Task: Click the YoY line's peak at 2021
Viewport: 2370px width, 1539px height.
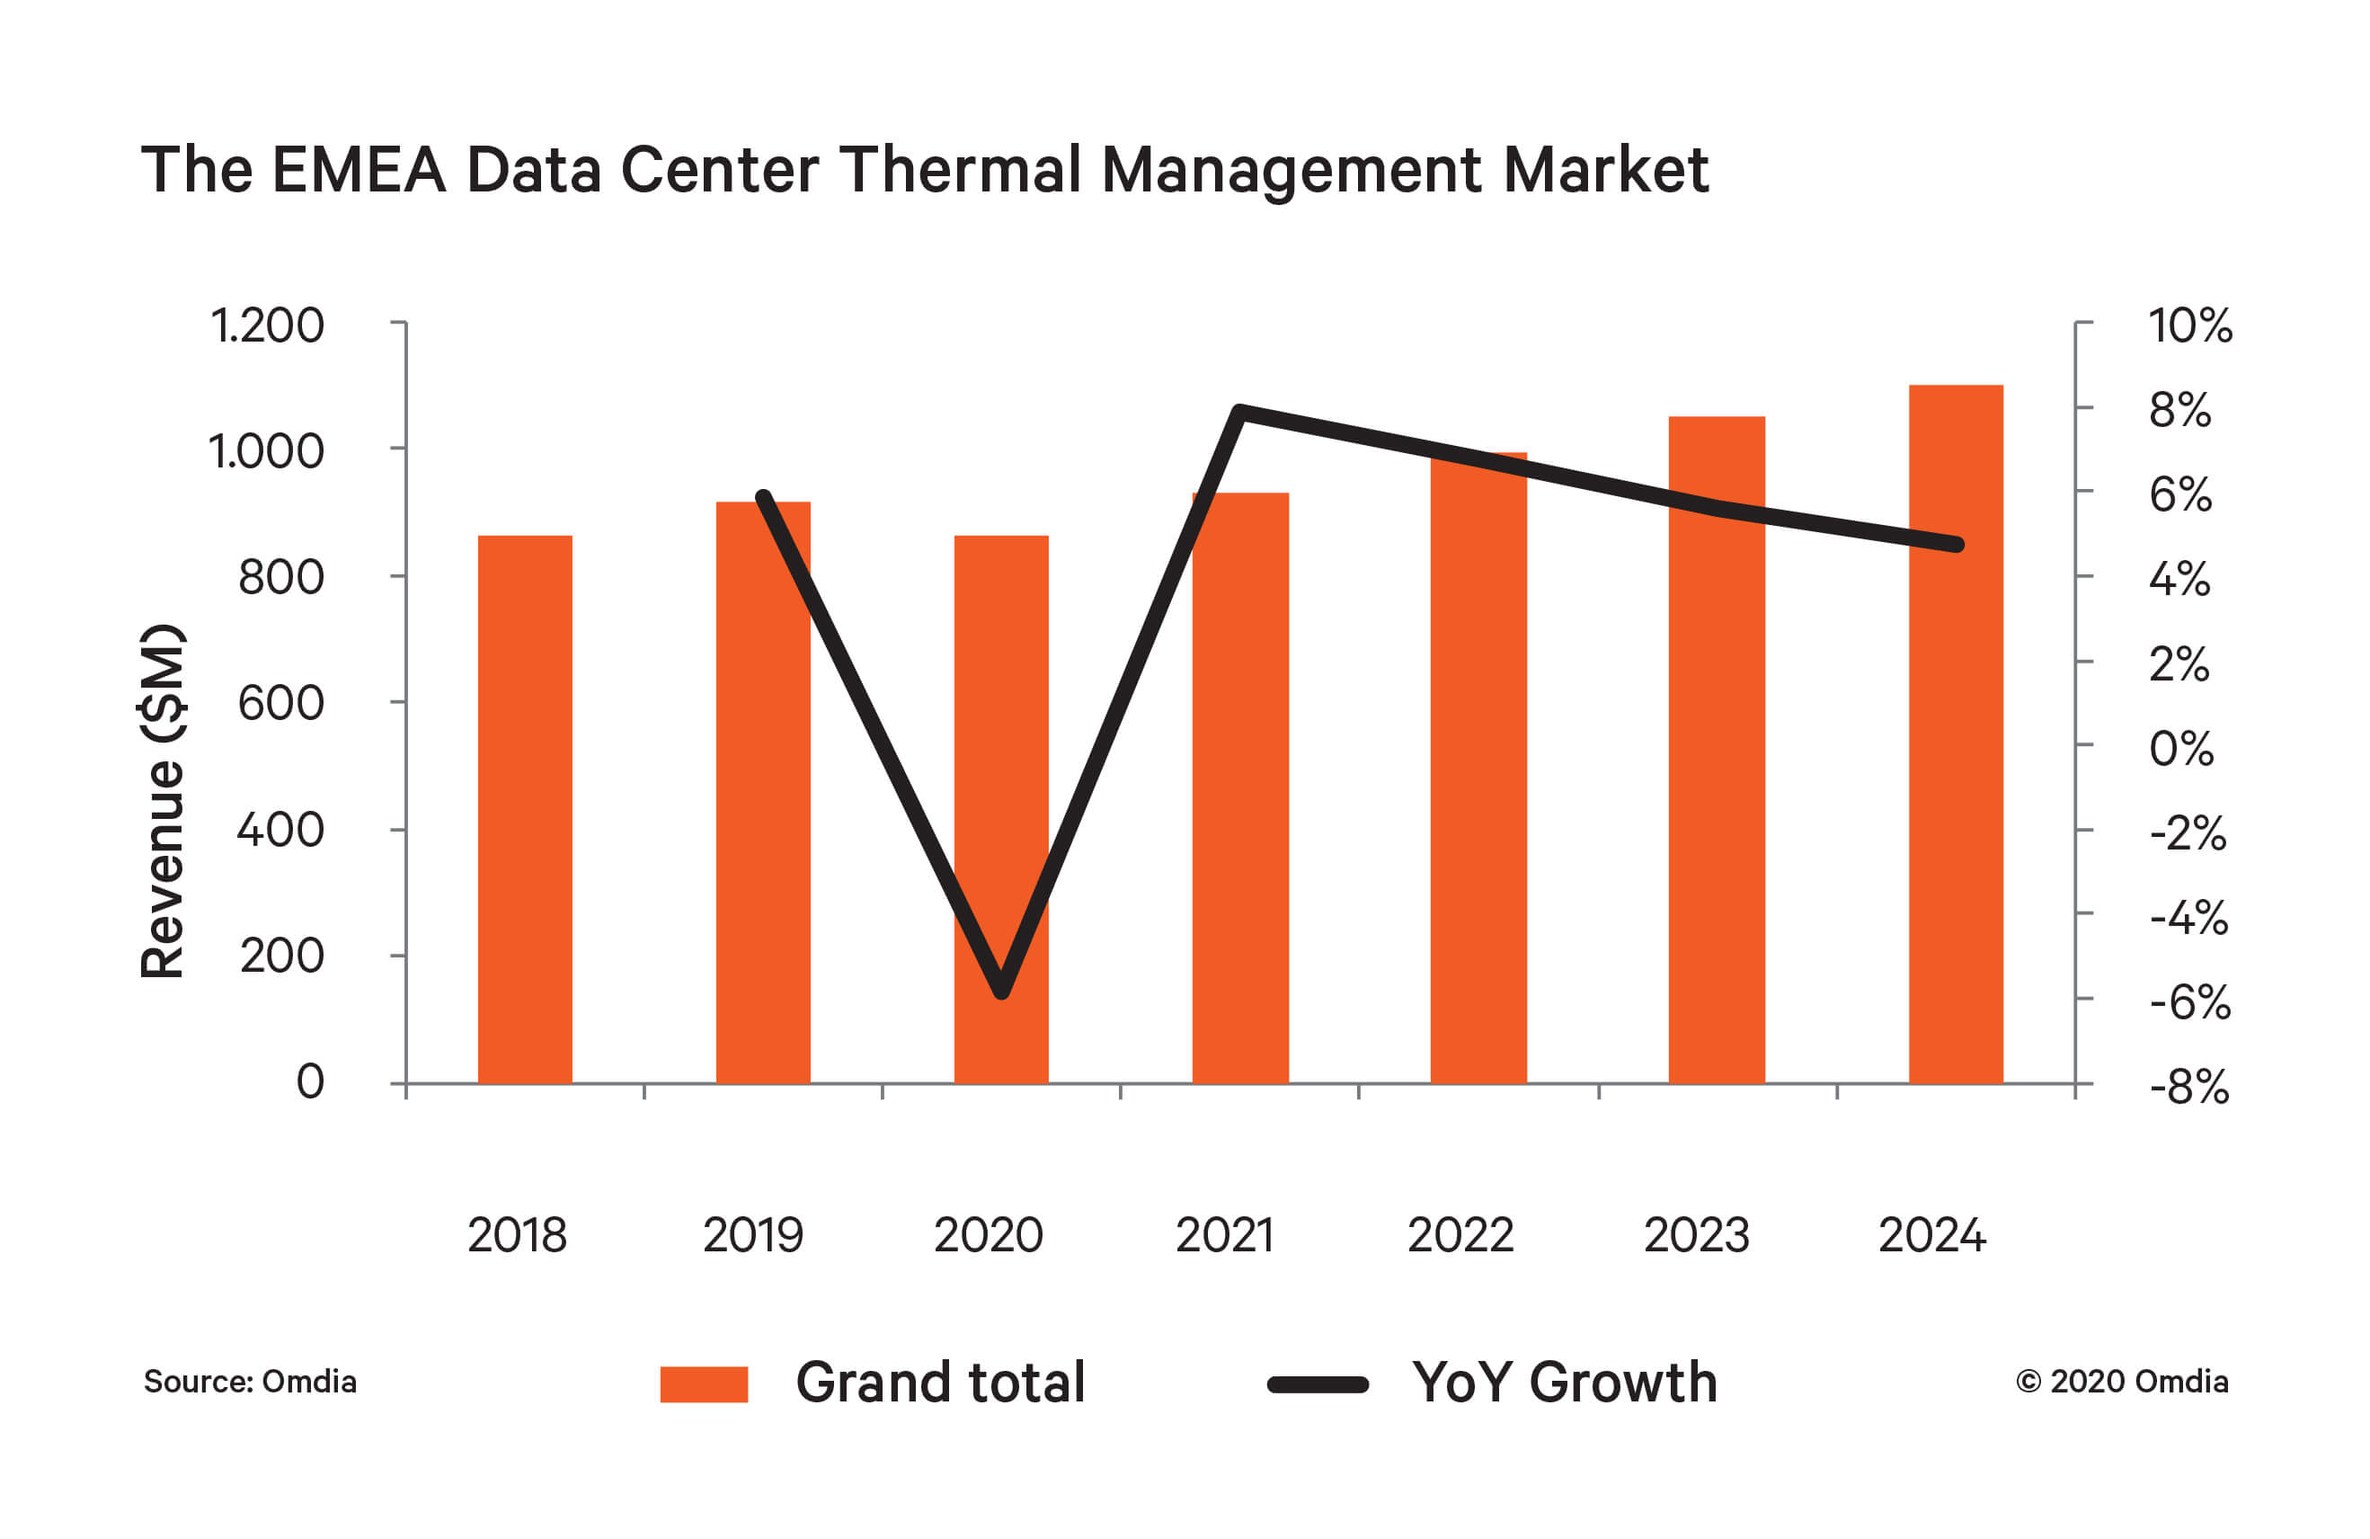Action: (x=1239, y=411)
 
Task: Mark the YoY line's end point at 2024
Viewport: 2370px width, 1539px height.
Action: (x=1957, y=545)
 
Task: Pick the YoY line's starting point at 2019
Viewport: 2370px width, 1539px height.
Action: (x=764, y=497)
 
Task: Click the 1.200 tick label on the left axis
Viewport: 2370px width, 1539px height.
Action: (x=267, y=325)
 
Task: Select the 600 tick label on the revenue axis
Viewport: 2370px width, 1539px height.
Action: (x=280, y=703)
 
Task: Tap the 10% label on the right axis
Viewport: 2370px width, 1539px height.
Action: (x=2188, y=325)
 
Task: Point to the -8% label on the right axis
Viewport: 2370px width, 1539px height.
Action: (x=2188, y=1087)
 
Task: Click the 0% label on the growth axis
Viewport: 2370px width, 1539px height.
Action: (x=2180, y=748)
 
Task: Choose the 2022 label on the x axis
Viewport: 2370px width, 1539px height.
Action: (x=1460, y=1235)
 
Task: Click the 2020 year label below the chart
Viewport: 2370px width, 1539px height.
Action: (x=988, y=1235)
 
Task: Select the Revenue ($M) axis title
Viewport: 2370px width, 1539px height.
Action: (x=163, y=801)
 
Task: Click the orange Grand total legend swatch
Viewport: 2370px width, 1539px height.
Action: (x=703, y=1383)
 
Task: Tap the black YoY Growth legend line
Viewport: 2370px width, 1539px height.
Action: (x=1317, y=1383)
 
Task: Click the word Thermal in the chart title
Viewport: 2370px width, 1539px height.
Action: (x=960, y=169)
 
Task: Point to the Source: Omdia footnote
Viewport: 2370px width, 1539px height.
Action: (x=250, y=1382)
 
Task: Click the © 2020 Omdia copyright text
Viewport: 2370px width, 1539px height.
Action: (x=2121, y=1382)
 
